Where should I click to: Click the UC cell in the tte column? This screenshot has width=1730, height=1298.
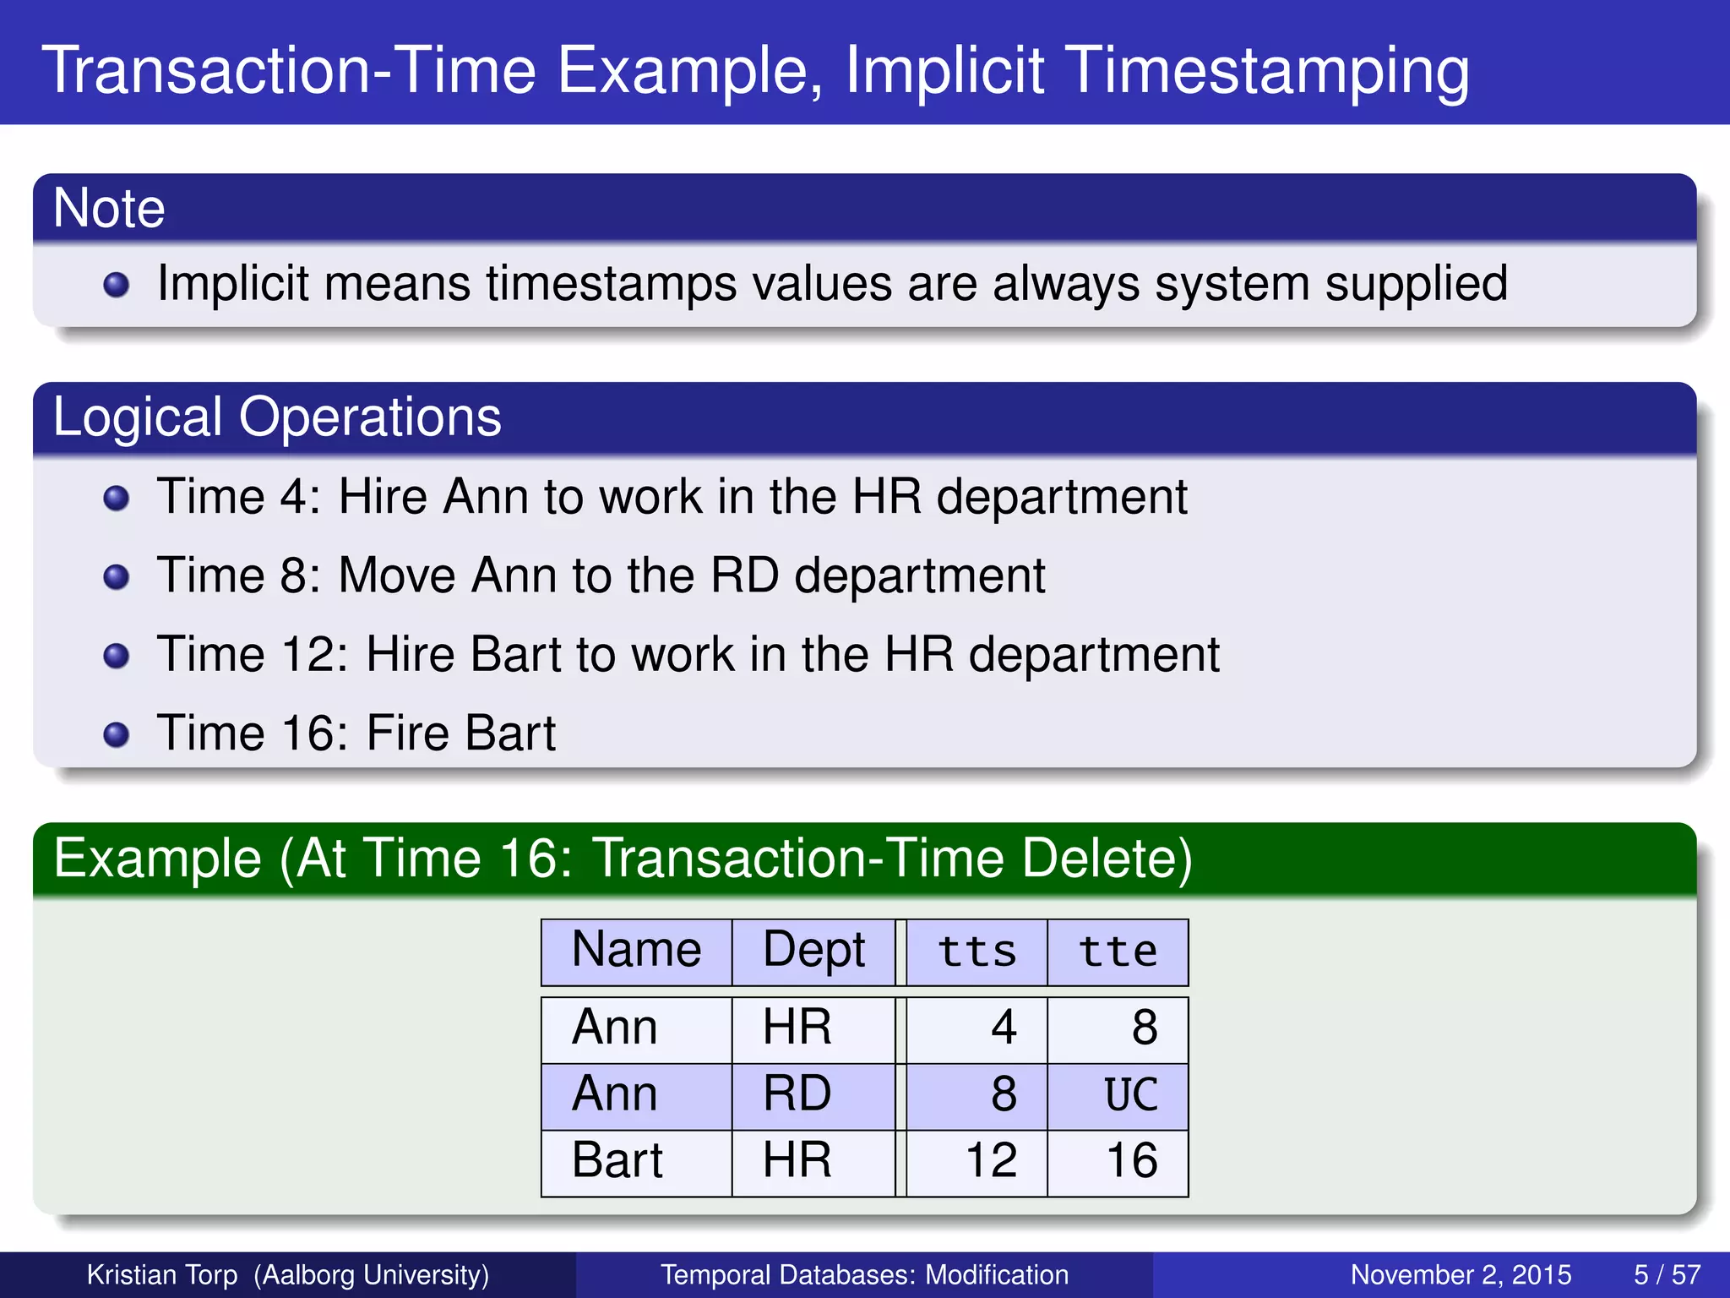[1130, 1095]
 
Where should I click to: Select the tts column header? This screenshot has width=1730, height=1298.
[977, 952]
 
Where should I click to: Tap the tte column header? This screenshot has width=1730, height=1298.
[1118, 952]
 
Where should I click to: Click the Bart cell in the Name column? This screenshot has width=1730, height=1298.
[617, 1160]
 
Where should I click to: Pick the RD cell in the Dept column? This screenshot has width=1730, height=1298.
[797, 1094]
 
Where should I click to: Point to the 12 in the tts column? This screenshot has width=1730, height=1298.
[991, 1160]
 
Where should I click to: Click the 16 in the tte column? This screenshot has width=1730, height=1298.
[1131, 1160]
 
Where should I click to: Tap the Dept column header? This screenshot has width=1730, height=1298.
[813, 952]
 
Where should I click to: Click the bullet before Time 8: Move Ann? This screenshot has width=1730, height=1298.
[116, 577]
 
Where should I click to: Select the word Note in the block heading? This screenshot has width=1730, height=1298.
[109, 208]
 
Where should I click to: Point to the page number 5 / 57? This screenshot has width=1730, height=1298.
[1667, 1274]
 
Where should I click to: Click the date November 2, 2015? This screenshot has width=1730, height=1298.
[1461, 1274]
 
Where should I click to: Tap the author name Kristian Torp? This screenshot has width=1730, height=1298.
[162, 1274]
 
